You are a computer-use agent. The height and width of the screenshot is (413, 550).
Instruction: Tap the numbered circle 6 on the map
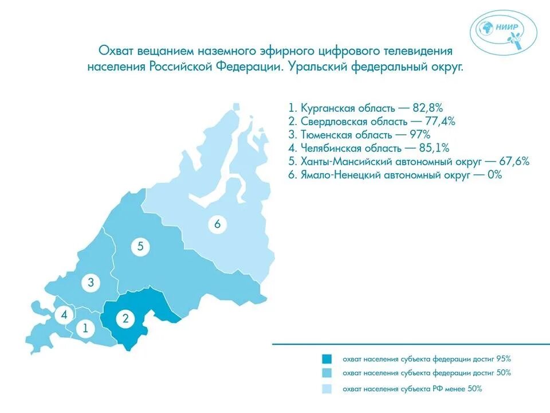(x=217, y=224)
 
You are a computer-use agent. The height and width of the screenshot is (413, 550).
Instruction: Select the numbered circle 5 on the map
(x=140, y=247)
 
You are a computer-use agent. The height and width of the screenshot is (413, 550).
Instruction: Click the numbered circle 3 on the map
(x=91, y=282)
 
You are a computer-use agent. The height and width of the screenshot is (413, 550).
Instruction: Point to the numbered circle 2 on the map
(x=125, y=320)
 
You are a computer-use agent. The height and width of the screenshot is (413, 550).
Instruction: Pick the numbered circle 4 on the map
(x=64, y=314)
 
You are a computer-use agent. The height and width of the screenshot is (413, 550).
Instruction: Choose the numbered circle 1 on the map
(x=85, y=329)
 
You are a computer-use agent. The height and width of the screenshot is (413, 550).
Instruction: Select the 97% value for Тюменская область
(x=423, y=135)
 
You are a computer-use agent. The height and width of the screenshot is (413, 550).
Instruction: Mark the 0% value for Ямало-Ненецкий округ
(x=493, y=176)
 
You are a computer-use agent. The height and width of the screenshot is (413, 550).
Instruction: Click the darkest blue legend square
(x=327, y=359)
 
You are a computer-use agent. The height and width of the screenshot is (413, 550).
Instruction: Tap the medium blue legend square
(x=327, y=373)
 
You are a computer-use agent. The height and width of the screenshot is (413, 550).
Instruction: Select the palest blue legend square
(x=327, y=389)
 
